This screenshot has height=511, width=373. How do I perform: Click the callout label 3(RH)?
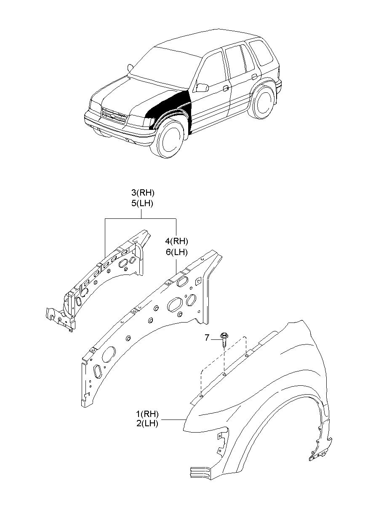tap(143, 193)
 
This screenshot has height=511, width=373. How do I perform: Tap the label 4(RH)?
tap(176, 242)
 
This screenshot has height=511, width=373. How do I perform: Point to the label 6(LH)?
tap(176, 252)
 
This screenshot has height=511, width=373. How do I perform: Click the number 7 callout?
tap(207, 337)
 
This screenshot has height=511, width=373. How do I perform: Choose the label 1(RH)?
tap(147, 414)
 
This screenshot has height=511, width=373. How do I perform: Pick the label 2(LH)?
tap(147, 424)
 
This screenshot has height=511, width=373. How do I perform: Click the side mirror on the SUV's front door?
tap(202, 87)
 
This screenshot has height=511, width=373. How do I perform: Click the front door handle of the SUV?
tap(226, 88)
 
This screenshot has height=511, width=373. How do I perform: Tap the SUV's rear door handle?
tap(254, 77)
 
